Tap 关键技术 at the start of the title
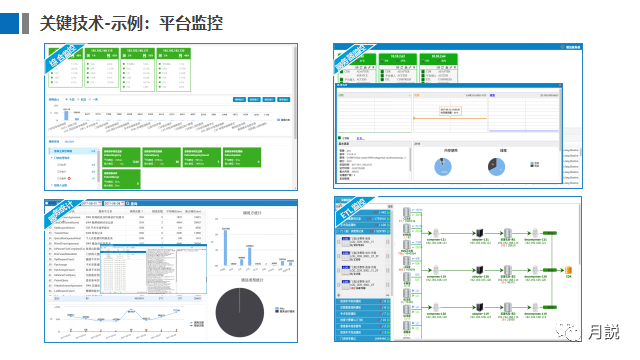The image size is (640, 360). pyautogui.click(x=76, y=22)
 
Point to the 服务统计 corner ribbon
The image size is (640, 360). pyautogui.click(x=59, y=212)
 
